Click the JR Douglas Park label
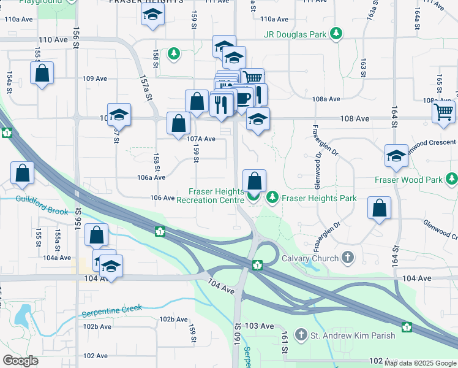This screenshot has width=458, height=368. point(295,35)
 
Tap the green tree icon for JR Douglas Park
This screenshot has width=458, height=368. point(336,34)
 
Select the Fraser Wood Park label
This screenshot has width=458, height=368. point(408,180)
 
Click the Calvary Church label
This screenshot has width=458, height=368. point(310,258)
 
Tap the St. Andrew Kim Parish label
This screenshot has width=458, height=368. point(353,335)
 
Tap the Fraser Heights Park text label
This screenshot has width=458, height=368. point(310,197)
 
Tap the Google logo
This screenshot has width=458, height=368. point(20,360)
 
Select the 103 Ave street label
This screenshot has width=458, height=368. point(258,326)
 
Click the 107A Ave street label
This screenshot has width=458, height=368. point(201,139)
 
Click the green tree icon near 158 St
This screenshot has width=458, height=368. point(175,54)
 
